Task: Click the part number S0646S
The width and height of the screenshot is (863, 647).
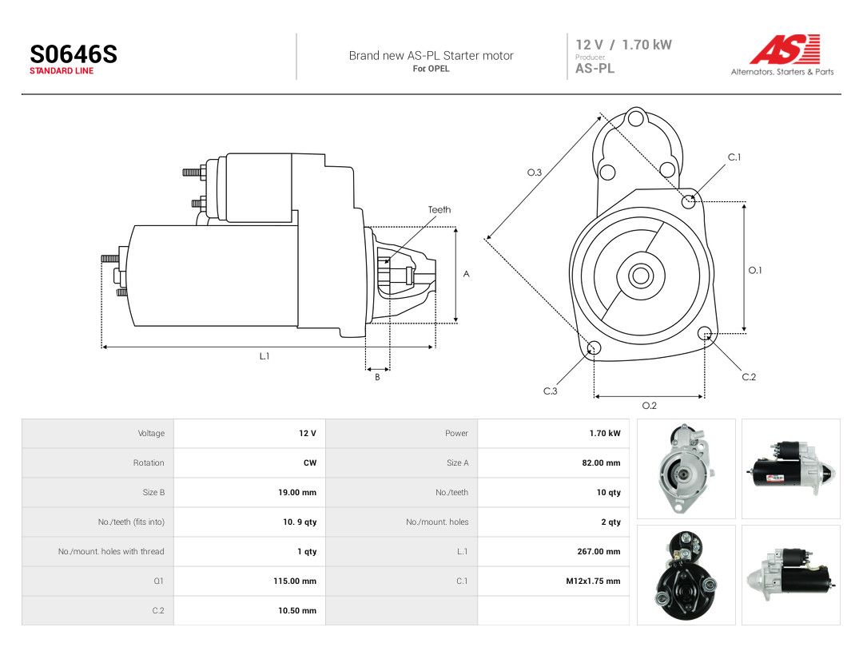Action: [x=74, y=54]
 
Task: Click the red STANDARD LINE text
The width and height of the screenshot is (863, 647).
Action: [x=62, y=71]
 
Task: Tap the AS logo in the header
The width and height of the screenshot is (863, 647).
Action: [x=785, y=49]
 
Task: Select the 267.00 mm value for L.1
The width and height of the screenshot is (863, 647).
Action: [x=599, y=551]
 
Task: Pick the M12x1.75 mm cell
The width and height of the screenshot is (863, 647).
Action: [x=593, y=581]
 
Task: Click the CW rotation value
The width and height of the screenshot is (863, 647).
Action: [x=310, y=462]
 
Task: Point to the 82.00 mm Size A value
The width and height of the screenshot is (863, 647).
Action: [x=601, y=462]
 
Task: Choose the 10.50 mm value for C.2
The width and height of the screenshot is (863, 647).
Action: [x=297, y=611]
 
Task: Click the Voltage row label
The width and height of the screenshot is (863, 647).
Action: [x=151, y=434]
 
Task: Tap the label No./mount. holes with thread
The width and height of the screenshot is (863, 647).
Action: [x=111, y=551]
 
